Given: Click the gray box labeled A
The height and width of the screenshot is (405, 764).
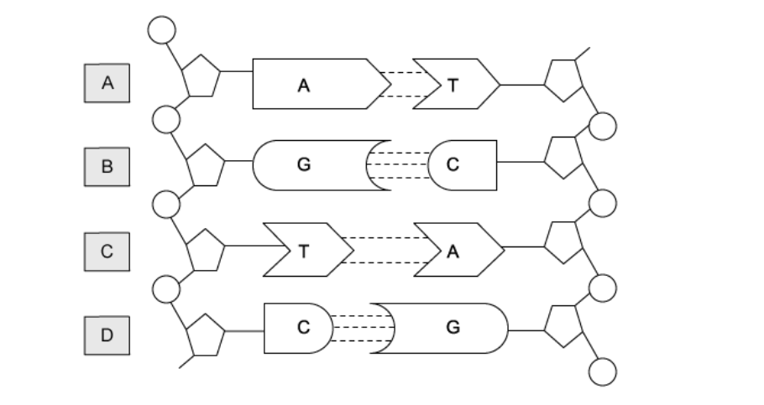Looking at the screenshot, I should click(107, 83).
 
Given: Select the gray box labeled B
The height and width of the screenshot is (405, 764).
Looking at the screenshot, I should click(107, 166).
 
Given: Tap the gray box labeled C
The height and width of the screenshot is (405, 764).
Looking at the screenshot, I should click(107, 250).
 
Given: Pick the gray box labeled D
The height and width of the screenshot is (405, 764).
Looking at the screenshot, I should click(107, 335).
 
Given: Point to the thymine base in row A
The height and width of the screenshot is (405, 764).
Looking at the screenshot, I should click(457, 84).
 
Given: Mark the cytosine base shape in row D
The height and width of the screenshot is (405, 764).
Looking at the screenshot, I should click(298, 328).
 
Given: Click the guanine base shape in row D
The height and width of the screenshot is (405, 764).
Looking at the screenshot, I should click(449, 328).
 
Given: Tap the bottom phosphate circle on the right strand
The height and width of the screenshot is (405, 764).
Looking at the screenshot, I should click(603, 371).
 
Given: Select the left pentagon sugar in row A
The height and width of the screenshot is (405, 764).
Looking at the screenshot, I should click(200, 77).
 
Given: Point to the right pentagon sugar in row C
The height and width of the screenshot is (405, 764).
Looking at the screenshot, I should click(563, 241).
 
